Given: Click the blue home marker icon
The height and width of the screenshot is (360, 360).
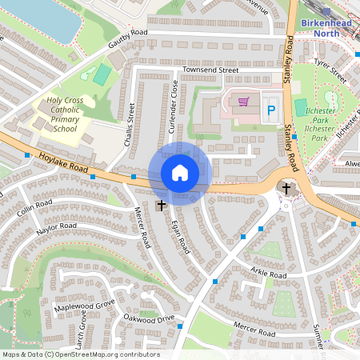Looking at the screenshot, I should (x=179, y=173).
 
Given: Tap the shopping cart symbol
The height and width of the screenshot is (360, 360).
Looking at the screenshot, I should (x=243, y=102).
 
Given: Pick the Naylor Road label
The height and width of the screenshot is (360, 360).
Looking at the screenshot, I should (x=56, y=229).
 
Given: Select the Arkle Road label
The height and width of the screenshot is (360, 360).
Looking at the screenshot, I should (x=267, y=274).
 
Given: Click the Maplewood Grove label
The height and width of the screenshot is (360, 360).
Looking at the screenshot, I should (x=84, y=305).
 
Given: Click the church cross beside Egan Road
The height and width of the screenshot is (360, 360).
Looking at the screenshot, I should (x=162, y=206).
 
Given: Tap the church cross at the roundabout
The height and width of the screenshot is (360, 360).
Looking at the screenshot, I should (x=286, y=189).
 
